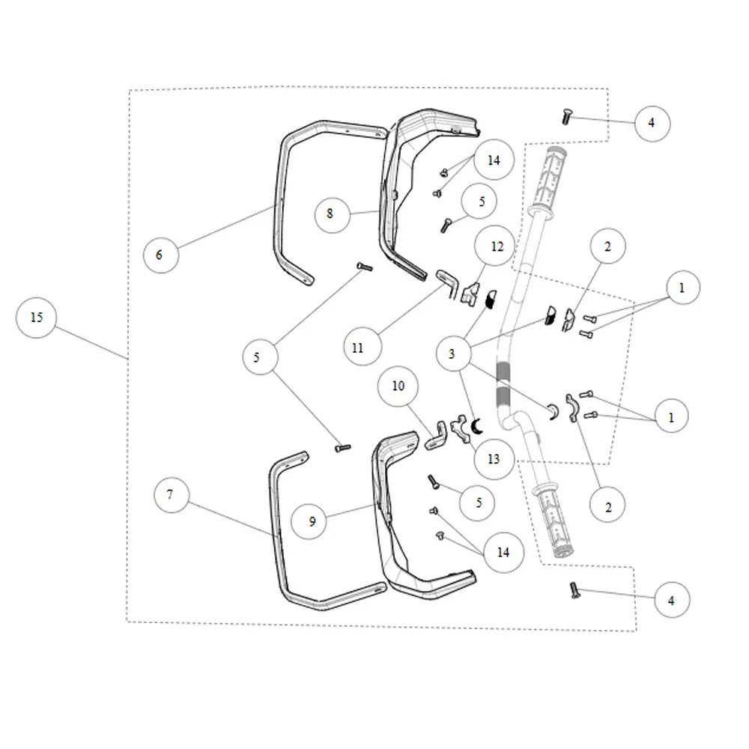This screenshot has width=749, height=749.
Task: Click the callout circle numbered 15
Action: [x=36, y=318]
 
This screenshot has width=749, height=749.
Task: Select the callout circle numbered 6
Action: [x=161, y=255]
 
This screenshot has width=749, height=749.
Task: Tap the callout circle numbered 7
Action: [x=172, y=495]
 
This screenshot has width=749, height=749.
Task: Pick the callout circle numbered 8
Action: [x=333, y=215]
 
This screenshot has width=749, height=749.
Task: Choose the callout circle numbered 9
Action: [x=309, y=521]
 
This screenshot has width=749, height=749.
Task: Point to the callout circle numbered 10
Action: [x=398, y=386]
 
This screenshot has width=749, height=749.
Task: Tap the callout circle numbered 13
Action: [x=494, y=459]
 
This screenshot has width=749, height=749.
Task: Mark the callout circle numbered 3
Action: [x=453, y=354]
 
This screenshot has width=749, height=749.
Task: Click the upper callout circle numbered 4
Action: [x=652, y=124]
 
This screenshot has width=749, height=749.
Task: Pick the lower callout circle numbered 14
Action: [x=504, y=552]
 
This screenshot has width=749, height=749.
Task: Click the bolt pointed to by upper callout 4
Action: [x=566, y=117]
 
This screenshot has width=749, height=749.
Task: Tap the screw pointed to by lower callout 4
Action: [x=574, y=590]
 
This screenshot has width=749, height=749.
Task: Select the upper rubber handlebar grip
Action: [x=553, y=181]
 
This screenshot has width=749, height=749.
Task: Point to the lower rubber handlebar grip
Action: [x=554, y=521]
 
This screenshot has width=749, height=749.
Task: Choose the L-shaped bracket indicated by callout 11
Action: [x=448, y=283]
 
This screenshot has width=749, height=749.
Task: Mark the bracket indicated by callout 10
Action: [x=436, y=436]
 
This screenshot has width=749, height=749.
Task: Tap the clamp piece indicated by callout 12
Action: [x=470, y=292]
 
